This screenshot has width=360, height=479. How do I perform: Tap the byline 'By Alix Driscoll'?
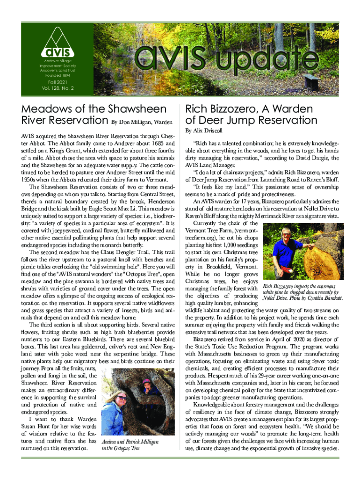204,131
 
